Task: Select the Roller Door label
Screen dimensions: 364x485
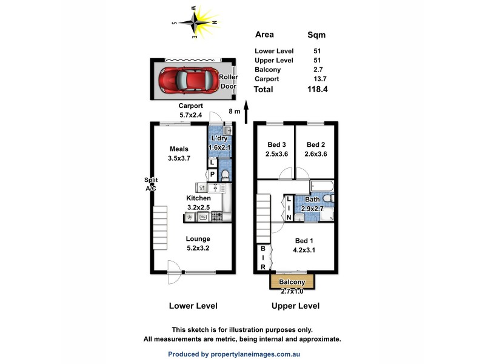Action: tap(228, 82)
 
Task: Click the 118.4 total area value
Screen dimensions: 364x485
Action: tap(318, 90)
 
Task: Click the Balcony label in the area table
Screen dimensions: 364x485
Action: tap(269, 70)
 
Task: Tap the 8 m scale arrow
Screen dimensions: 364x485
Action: tap(246, 112)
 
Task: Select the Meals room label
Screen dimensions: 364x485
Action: tap(179, 149)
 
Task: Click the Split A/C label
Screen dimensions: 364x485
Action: tap(151, 184)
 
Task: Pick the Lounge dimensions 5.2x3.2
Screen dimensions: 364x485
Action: tap(198, 248)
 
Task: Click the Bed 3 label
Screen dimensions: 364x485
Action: tap(276, 144)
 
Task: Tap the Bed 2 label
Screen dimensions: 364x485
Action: tap(315, 144)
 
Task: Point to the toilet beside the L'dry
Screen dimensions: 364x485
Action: tap(225, 175)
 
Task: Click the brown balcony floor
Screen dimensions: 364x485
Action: tap(292, 282)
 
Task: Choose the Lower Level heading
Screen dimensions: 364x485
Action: tap(193, 306)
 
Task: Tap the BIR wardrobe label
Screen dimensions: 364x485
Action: tap(263, 258)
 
